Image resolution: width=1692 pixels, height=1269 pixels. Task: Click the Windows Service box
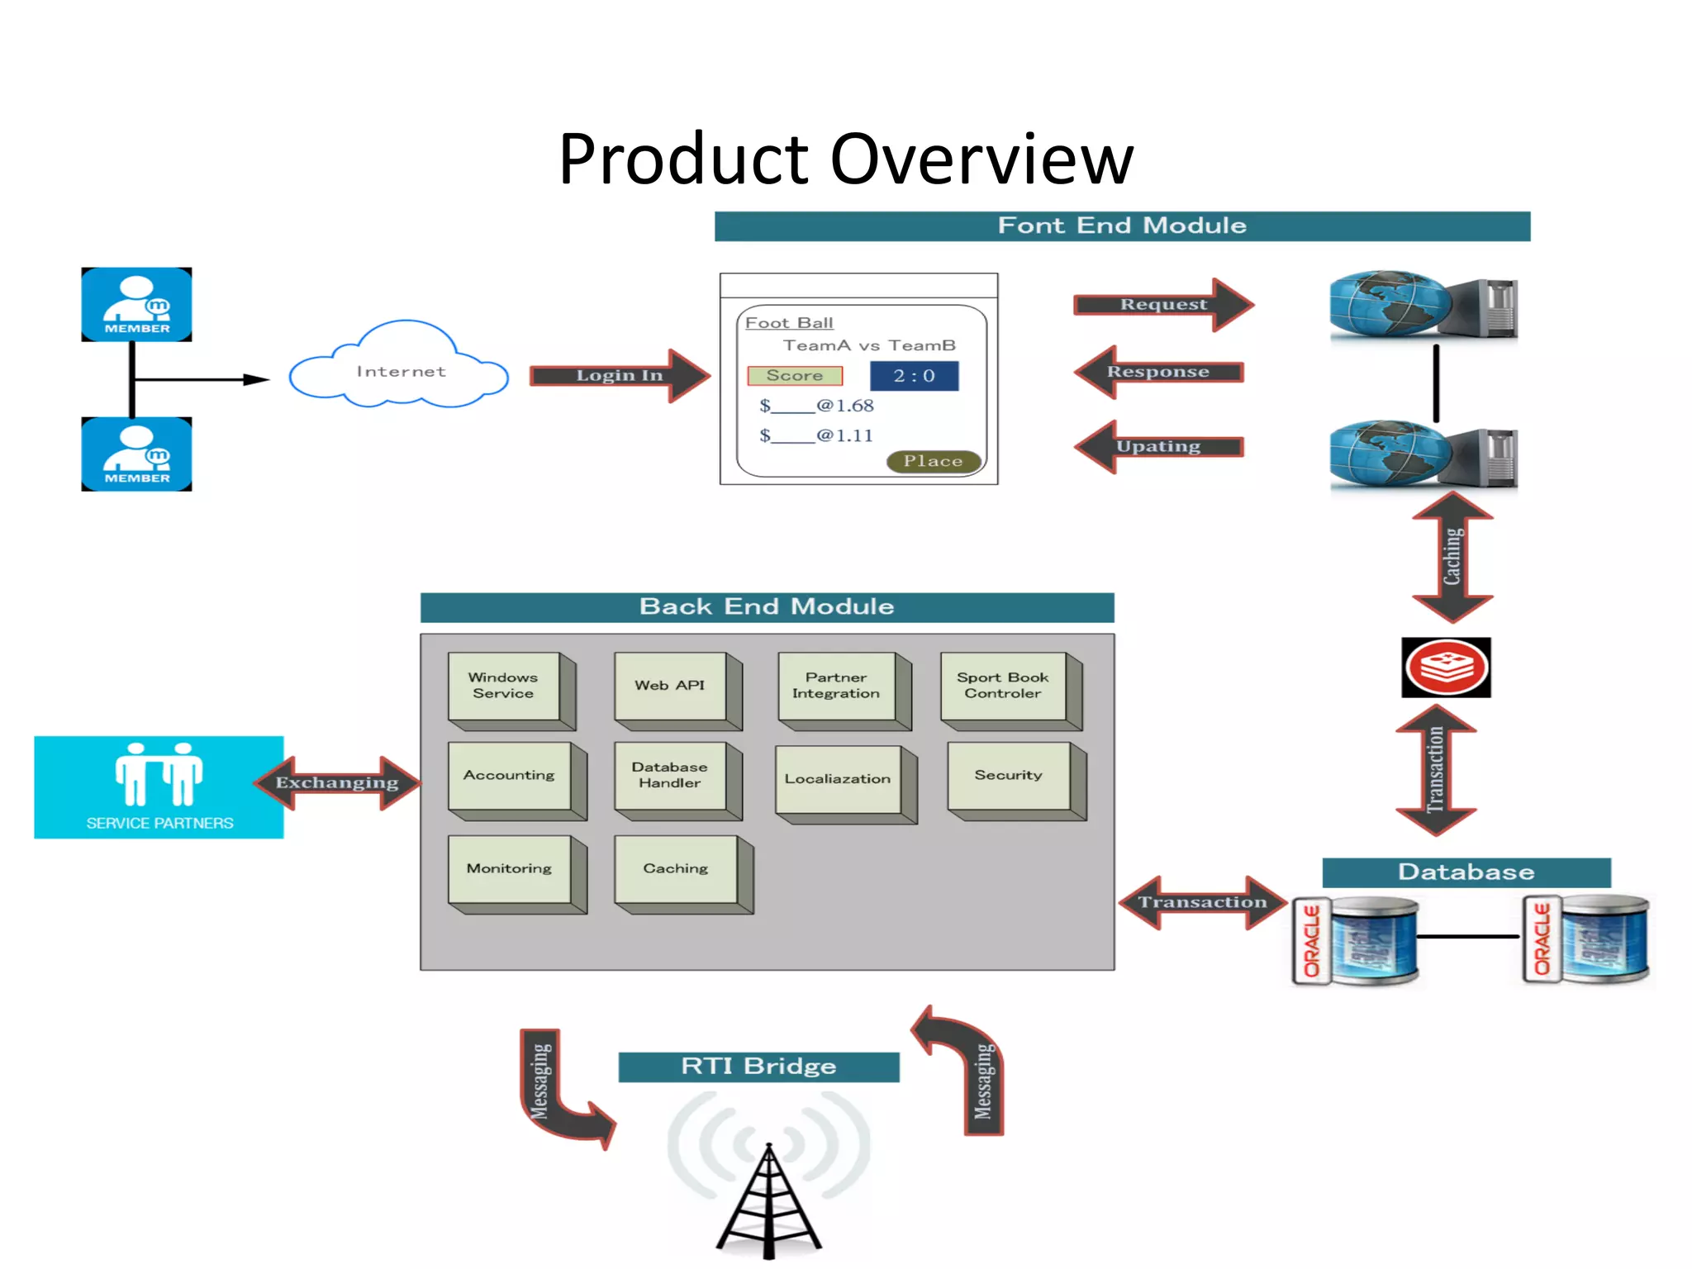tap(504, 687)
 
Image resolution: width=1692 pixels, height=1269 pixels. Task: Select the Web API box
tap(670, 687)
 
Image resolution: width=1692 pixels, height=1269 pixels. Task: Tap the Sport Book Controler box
tap(1003, 687)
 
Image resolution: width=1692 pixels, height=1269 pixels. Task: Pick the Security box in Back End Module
tap(1009, 776)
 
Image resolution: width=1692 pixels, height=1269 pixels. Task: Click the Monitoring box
tap(510, 869)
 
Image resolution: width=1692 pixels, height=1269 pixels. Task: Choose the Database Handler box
tap(670, 776)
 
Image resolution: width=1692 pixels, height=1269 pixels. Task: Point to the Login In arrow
tap(619, 376)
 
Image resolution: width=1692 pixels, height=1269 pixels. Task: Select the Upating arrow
tap(1158, 447)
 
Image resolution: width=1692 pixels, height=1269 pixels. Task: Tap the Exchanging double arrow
tap(337, 783)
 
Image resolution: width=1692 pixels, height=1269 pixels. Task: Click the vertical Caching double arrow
tap(1452, 557)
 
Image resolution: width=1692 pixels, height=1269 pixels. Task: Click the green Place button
tap(933, 462)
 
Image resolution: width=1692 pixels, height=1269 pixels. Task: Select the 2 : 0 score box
tap(914, 376)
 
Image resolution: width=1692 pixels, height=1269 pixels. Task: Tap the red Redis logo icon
tap(1446, 668)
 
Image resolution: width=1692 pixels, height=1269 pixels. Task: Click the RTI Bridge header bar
tap(758, 1067)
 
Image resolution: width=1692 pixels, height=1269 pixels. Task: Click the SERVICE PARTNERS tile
tap(159, 787)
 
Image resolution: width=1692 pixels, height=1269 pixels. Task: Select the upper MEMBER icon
tap(136, 304)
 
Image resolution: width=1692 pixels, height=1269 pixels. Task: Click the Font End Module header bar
tap(1121, 226)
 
